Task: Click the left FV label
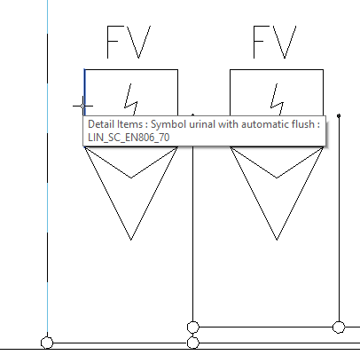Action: (129, 42)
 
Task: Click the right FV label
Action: (275, 42)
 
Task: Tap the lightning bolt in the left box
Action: (131, 99)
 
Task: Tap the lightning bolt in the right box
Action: (277, 99)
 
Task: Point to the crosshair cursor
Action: (82, 106)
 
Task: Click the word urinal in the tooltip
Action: (201, 124)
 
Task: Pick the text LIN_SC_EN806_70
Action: (129, 138)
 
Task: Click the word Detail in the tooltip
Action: (100, 124)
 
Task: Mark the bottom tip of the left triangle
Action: (131, 240)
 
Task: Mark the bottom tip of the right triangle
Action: (277, 240)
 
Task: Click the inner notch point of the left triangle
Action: (131, 178)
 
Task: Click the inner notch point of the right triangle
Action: (277, 178)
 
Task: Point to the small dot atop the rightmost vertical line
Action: (339, 115)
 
